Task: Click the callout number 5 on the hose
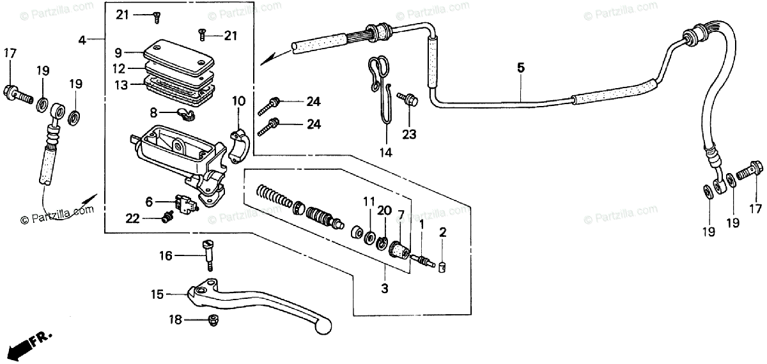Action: (520, 67)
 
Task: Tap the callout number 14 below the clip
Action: (385, 153)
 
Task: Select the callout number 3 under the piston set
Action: (384, 289)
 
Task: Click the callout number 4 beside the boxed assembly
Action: (82, 40)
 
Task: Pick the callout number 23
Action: (409, 134)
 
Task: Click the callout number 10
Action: (238, 100)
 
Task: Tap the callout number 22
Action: (132, 218)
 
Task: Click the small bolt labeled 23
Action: (407, 98)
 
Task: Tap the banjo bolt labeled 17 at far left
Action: (17, 93)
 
